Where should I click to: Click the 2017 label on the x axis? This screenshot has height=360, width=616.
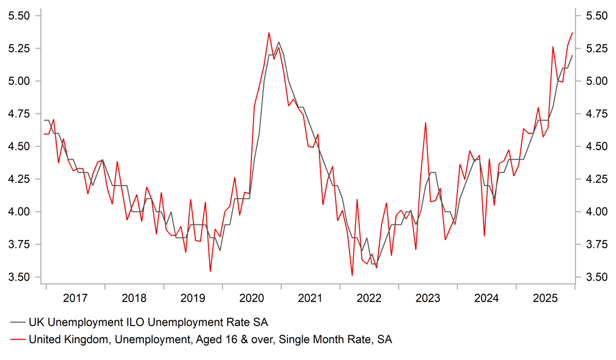(75, 298)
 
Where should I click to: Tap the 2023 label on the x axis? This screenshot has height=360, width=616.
(428, 298)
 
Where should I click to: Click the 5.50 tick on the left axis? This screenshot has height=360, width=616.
(20, 16)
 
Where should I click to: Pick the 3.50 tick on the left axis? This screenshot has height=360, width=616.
(20, 277)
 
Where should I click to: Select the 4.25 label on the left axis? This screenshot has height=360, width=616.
(20, 179)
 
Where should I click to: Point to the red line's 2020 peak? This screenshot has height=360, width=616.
(269, 33)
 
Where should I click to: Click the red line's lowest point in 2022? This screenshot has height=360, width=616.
(352, 276)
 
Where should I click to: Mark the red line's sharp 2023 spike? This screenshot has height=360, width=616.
(426, 123)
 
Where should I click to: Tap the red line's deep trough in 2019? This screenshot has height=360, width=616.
(210, 271)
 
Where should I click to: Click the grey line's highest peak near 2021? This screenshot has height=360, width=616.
(278, 42)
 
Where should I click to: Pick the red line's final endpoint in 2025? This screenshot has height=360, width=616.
(572, 33)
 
